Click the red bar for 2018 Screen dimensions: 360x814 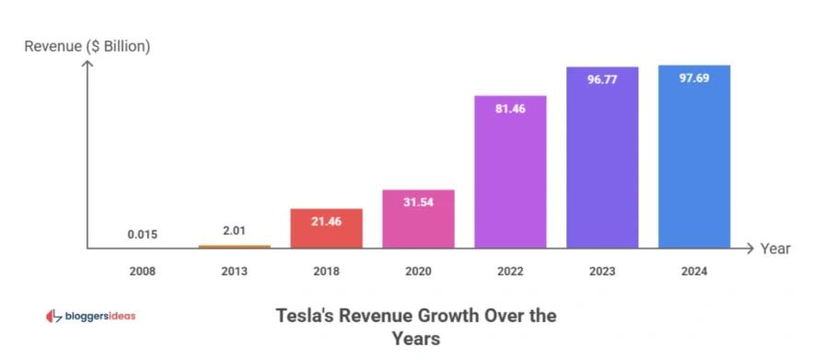326,228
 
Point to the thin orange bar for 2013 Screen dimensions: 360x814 234,246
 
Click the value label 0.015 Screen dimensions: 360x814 142,235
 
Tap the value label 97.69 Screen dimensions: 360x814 694,78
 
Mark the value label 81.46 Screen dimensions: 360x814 510,108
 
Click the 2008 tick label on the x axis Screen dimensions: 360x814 142,271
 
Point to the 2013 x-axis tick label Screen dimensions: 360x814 234,271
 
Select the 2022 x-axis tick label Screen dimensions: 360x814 510,271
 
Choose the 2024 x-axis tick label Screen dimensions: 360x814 694,271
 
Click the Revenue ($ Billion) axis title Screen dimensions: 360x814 87,46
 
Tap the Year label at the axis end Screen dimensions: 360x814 775,249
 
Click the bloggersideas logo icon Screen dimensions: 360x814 52,317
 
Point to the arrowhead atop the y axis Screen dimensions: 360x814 87,64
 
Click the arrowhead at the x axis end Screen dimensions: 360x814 750,249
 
